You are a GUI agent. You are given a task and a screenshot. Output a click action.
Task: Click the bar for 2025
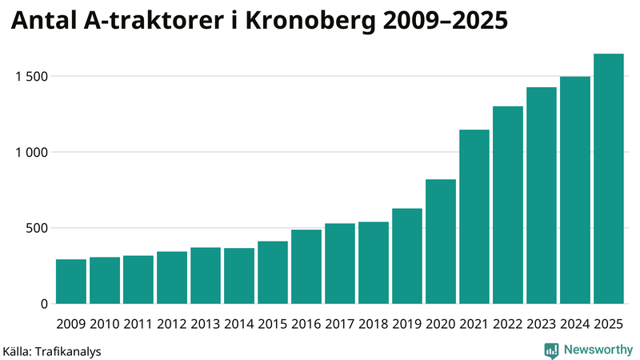pos(608,179)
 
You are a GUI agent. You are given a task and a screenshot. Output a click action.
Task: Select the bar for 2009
pos(71,282)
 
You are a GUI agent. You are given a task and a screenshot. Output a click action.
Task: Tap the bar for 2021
pos(474,217)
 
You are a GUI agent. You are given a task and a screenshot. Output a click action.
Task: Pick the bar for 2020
pos(441,242)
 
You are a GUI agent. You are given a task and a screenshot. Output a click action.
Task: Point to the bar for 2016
pos(306,267)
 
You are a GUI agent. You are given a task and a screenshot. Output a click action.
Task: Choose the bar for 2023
pos(542,196)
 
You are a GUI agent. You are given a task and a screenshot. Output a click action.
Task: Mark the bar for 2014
pos(239,276)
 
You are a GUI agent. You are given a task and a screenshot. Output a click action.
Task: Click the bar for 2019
pos(407,256)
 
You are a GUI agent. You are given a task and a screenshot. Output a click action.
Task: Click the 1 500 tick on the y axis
pos(31,77)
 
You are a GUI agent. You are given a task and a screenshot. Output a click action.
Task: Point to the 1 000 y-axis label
pos(31,152)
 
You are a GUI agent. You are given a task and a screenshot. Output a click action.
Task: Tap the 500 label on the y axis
pos(37,228)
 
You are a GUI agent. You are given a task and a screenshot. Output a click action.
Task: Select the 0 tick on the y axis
pos(44,304)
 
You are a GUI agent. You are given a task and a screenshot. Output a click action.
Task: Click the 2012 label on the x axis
pos(172,324)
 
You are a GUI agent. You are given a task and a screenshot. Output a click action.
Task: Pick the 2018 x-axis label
pos(374,324)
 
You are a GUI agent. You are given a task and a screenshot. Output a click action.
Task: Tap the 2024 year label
pos(575,324)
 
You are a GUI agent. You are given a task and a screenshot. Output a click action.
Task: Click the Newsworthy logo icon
pos(551,350)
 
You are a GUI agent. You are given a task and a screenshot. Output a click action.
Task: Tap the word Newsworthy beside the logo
pos(598,350)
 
